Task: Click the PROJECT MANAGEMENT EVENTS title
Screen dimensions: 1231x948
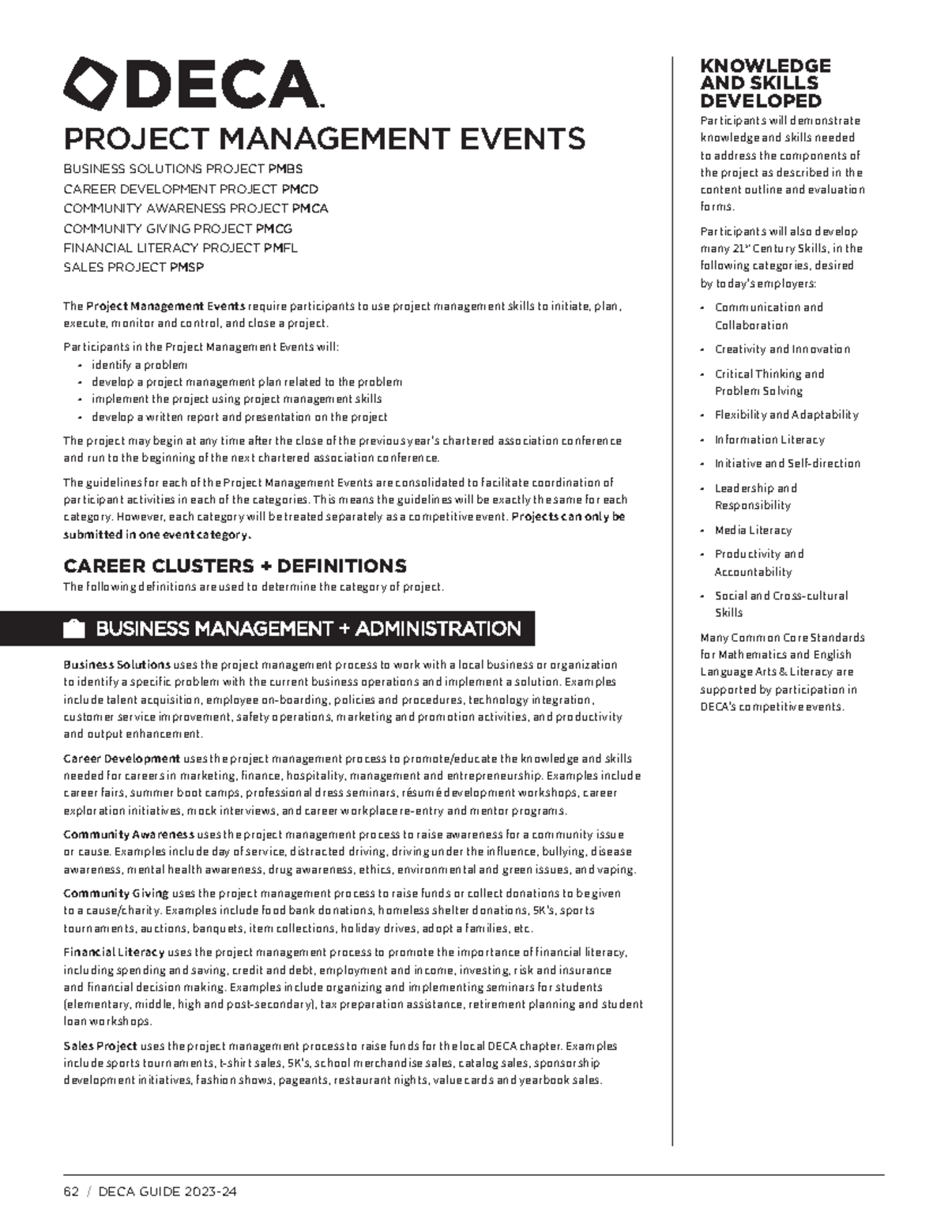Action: (324, 138)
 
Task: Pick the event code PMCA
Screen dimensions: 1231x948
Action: (310, 209)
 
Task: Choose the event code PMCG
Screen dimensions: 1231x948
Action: (274, 228)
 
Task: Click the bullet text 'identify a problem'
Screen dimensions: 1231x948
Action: (139, 365)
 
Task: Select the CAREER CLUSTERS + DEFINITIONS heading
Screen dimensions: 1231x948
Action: (235, 566)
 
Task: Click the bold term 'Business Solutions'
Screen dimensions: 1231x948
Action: (117, 665)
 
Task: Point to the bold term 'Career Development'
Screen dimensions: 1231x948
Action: (122, 759)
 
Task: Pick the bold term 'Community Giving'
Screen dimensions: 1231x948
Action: (116, 894)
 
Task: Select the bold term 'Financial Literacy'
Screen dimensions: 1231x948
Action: (114, 953)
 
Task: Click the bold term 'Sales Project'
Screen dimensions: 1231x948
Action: (100, 1046)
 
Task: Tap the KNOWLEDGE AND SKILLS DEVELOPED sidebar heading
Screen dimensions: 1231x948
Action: (765, 83)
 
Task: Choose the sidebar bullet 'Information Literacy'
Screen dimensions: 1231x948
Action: (769, 440)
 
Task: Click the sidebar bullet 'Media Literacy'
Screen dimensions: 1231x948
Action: (753, 530)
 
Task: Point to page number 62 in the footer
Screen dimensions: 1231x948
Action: (71, 1191)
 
